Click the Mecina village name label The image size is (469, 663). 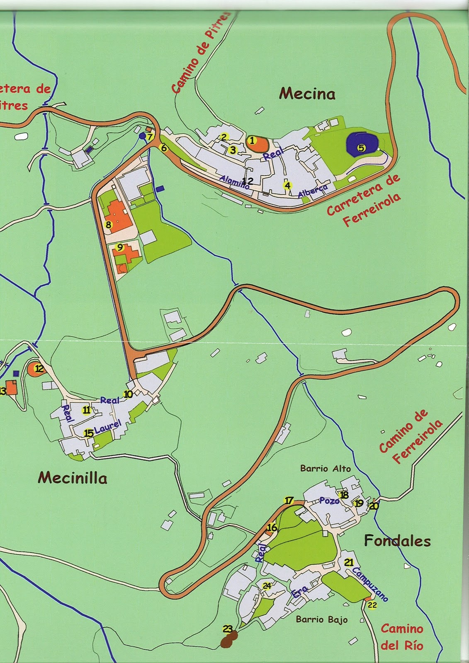(307, 94)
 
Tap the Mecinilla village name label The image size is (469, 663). (73, 478)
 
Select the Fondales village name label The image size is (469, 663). (397, 540)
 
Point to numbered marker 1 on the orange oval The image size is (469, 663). (252, 140)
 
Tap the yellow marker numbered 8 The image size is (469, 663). (109, 225)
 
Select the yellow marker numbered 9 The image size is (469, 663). (120, 248)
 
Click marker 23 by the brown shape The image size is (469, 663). (227, 629)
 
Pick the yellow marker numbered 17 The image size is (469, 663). (289, 501)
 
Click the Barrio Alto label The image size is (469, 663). (326, 469)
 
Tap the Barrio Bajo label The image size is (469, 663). (321, 620)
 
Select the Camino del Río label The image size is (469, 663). (402, 637)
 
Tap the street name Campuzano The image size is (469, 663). (369, 584)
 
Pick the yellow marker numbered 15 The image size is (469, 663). (88, 433)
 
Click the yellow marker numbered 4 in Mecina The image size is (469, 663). (287, 185)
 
